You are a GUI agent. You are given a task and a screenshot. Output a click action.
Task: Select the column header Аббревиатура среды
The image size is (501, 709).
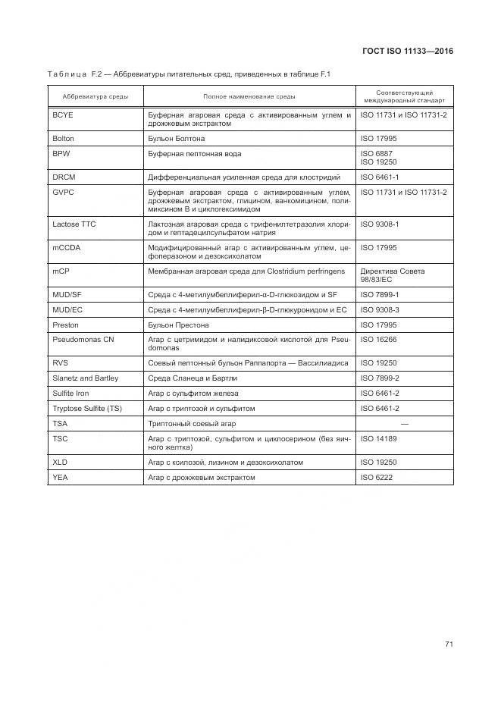coord(96,97)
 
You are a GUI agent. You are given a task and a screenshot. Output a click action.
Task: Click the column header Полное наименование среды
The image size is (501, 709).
coord(249,97)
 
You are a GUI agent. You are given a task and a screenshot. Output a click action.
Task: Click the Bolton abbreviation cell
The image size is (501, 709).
coord(64,139)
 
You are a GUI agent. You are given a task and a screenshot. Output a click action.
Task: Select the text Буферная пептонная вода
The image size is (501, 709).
coord(195,154)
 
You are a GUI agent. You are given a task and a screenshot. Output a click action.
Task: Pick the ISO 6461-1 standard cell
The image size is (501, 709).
coord(380,177)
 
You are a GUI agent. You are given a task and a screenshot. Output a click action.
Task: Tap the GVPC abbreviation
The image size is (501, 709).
coord(63,193)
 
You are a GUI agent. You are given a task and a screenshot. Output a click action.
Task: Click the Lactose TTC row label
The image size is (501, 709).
coord(74,224)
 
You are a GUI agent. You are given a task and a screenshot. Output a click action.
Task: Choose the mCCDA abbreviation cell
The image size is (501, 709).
coord(66,248)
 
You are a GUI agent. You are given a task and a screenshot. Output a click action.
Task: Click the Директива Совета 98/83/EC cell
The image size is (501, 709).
coord(393,275)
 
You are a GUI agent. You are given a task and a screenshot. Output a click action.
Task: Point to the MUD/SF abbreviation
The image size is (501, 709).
coord(67,294)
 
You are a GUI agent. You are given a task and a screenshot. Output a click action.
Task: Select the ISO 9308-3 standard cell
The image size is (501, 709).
coord(380,309)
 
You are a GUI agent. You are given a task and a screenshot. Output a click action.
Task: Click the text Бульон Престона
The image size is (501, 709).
coord(180,325)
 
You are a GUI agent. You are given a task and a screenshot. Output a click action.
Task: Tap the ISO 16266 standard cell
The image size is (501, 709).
coord(378,340)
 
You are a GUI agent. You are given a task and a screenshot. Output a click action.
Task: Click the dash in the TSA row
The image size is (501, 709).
coord(405,423)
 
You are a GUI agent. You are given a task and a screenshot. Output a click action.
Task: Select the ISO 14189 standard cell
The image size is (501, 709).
coord(378,438)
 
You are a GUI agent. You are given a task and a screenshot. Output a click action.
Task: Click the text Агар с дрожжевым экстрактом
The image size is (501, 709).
coord(202,478)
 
